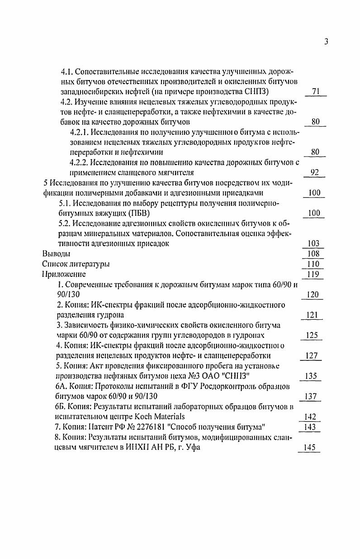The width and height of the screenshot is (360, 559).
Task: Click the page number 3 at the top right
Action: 326,42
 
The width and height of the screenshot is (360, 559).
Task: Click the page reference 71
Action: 316,92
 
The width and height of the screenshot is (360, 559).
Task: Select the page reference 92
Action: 315,172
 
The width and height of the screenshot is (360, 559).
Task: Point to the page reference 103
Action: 313,243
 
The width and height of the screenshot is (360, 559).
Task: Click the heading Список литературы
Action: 76,264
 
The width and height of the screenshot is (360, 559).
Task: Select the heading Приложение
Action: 64,274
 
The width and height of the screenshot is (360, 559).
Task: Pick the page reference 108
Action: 313,254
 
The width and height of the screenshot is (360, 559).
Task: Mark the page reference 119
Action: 313,274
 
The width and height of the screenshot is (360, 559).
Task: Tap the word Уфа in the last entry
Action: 193,448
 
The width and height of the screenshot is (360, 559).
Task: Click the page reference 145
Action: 310,448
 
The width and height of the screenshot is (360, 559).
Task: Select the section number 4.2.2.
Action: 80,162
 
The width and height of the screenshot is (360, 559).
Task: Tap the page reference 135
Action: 311,376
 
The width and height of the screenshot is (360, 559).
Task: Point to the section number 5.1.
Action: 66,203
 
